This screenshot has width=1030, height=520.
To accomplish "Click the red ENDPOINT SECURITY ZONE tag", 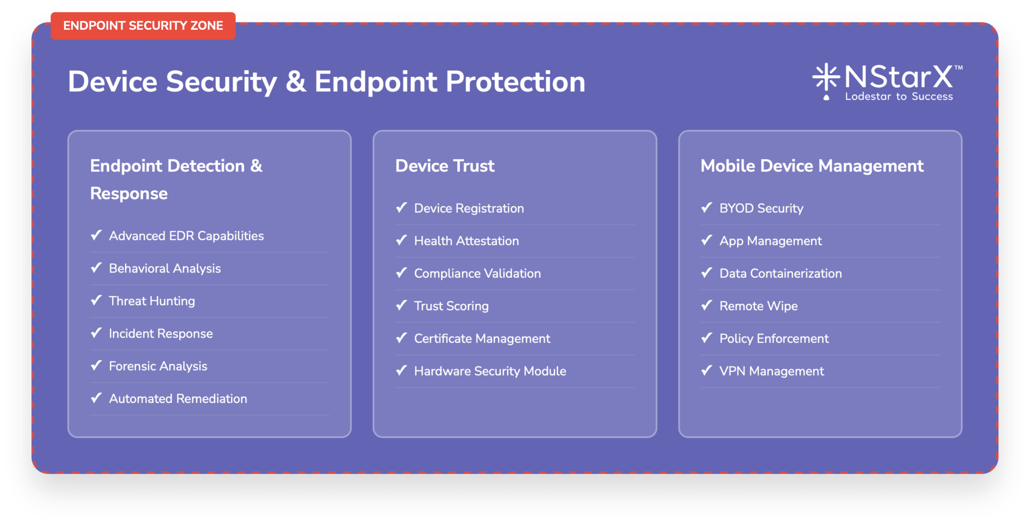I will [143, 26].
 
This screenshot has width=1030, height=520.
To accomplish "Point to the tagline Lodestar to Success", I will [898, 96].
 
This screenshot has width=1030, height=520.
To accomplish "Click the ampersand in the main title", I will [296, 81].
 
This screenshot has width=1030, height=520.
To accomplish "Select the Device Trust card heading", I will [445, 166].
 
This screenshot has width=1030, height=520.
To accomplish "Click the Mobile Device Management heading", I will [812, 166].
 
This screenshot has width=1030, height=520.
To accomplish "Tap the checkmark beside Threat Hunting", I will [96, 300].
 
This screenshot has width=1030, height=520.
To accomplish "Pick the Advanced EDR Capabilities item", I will [186, 236].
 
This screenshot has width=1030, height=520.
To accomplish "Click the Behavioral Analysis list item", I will [164, 268].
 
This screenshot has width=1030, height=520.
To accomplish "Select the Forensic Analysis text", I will [158, 366].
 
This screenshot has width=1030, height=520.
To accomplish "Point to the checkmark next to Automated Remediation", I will [96, 398].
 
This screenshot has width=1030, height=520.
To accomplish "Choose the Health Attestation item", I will [466, 241].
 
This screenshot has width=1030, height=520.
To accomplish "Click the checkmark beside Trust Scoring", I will [402, 305].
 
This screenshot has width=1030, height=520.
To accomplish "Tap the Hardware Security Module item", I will [490, 371].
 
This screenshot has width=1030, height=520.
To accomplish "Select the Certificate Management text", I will [482, 338].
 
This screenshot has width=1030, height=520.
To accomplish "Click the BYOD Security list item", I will [761, 208].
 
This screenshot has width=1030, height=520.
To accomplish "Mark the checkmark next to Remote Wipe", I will [707, 305].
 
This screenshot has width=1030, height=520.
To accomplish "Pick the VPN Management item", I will [771, 371].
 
